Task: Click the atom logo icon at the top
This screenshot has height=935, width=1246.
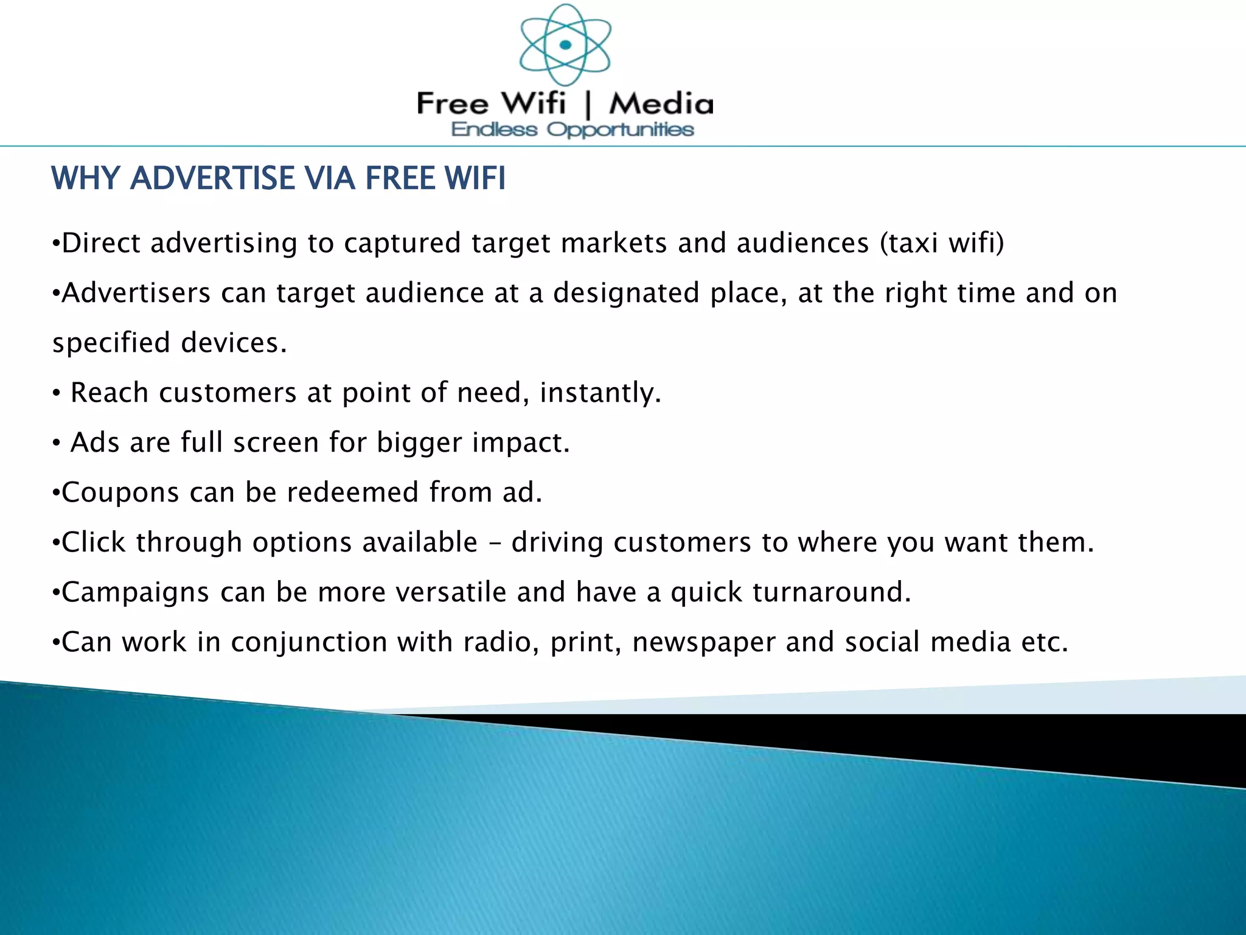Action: pyautogui.click(x=565, y=45)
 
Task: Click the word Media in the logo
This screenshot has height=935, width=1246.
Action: pyautogui.click(x=661, y=103)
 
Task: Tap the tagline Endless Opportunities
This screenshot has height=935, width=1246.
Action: pyautogui.click(x=573, y=130)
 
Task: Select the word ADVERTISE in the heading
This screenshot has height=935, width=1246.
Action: pyautogui.click(x=212, y=178)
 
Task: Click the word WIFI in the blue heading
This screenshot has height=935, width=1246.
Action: pyautogui.click(x=475, y=178)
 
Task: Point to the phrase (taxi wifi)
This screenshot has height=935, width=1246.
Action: pyautogui.click(x=942, y=243)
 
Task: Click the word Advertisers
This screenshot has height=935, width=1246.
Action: pyautogui.click(x=136, y=293)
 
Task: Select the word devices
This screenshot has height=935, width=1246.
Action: pyautogui.click(x=234, y=343)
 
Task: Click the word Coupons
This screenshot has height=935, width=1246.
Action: pyautogui.click(x=120, y=492)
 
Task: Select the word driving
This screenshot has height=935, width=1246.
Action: pyautogui.click(x=557, y=542)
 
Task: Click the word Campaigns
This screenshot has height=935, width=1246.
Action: pyautogui.click(x=136, y=592)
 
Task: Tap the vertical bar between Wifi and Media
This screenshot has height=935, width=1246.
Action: pyautogui.click(x=588, y=104)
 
